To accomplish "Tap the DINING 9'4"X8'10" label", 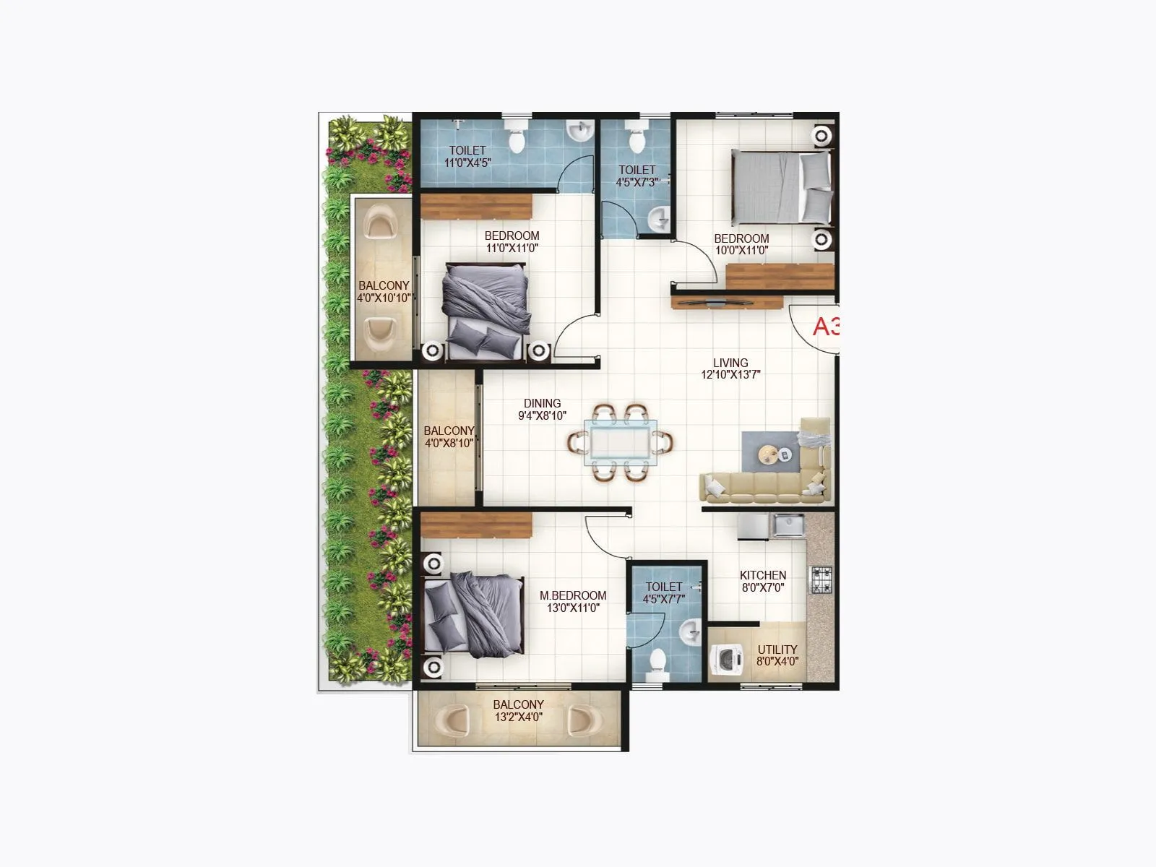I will [x=542, y=410].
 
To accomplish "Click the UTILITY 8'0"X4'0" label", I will [x=777, y=655].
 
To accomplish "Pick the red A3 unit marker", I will [x=826, y=327].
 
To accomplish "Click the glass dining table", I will [x=621, y=441].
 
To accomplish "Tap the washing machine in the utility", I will [x=725, y=660].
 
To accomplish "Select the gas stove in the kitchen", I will [x=821, y=579].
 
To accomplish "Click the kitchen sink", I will [x=788, y=525].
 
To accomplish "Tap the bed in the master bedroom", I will [x=474, y=614].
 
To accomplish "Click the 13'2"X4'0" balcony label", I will [x=518, y=711].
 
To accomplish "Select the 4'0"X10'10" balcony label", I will [x=384, y=291].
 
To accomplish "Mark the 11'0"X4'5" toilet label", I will [x=467, y=157].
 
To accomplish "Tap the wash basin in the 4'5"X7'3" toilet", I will [x=659, y=218].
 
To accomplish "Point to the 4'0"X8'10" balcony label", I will [x=449, y=437].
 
